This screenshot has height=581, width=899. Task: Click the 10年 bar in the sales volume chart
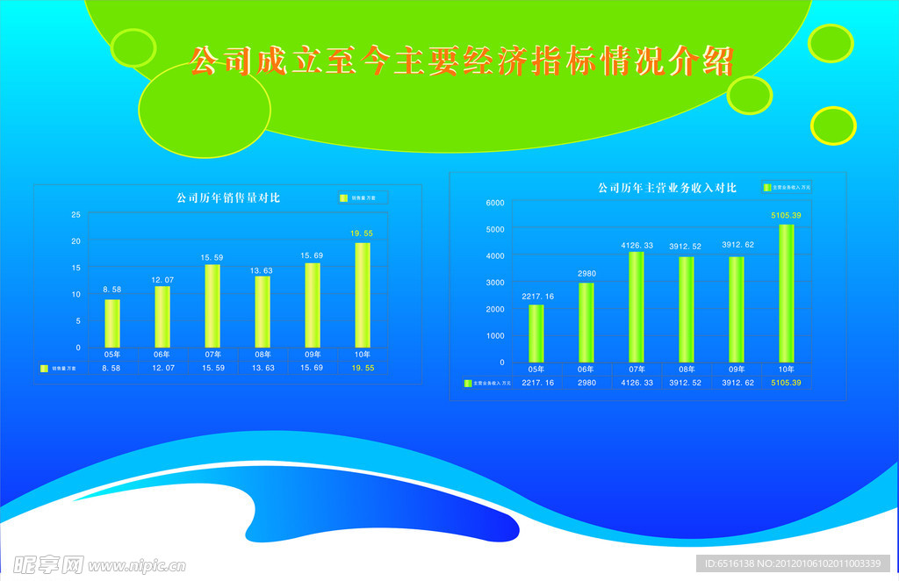pos(362,295)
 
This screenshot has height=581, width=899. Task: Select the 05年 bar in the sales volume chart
pos(112,323)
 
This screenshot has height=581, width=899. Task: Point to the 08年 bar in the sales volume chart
pos(262,312)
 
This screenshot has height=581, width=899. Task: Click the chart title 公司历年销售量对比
pos(227,198)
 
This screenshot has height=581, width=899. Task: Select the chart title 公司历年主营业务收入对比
pos(666,188)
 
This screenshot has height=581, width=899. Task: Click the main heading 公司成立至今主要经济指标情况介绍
pos(461,61)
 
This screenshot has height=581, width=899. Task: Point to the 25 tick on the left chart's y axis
pos(76,215)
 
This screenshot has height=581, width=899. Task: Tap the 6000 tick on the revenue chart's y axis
pos(495,203)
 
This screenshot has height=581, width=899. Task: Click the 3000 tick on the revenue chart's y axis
pos(495,283)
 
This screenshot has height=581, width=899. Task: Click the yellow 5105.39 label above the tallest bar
pos(786,215)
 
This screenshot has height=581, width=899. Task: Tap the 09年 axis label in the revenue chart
pos(736,369)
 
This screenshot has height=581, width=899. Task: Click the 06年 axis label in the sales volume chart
pos(162,355)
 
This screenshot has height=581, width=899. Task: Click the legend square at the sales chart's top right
pos(344,198)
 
